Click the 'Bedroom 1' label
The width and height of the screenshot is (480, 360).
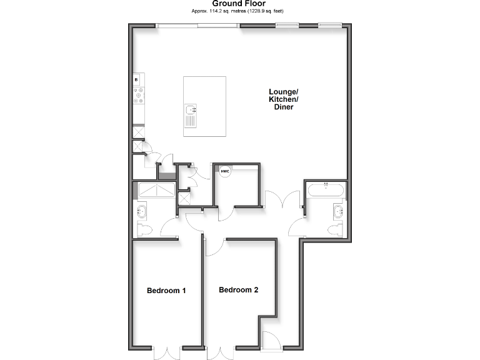[166, 291]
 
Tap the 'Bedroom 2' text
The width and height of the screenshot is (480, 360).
[238, 290]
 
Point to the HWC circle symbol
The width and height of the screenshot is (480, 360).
[224, 171]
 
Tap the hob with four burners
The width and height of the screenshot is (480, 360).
[138, 96]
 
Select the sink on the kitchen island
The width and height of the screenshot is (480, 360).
[192, 116]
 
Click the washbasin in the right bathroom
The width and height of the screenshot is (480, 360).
[338, 210]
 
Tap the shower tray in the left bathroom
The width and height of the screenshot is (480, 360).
[154, 190]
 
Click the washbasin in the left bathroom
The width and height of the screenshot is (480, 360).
[140, 211]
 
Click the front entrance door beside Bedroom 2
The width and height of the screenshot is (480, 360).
[271, 341]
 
